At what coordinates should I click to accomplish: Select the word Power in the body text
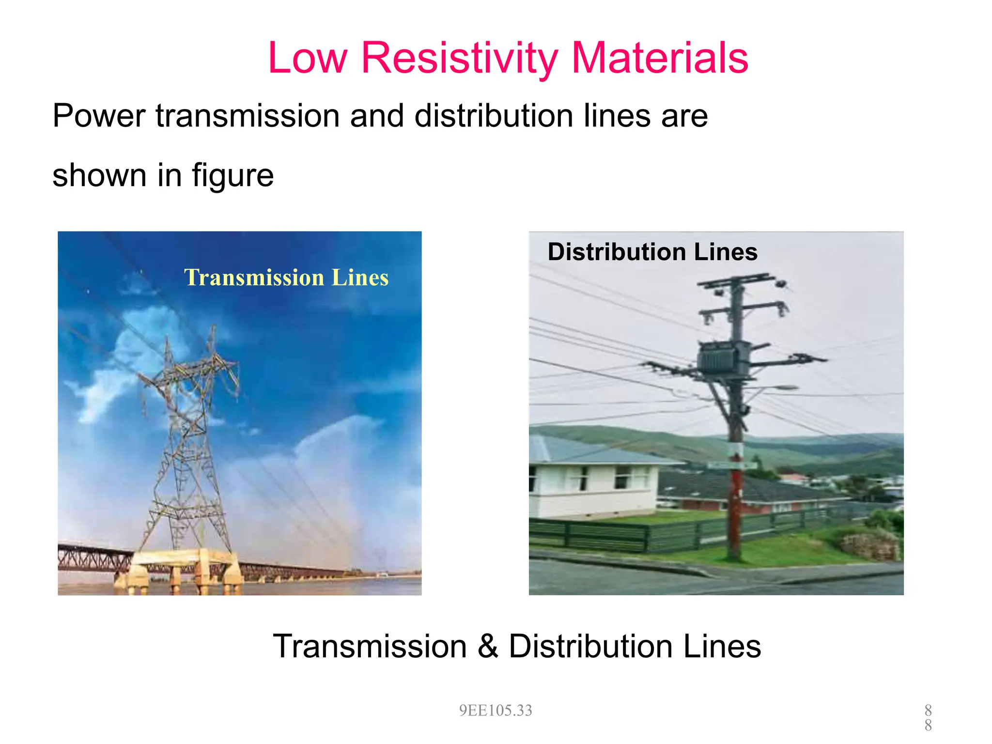point(99,116)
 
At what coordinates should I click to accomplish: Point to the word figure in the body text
point(232,175)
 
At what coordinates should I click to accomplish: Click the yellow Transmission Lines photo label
point(286,278)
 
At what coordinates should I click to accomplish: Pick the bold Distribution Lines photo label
point(652,252)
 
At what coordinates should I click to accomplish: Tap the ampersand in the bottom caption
point(488,646)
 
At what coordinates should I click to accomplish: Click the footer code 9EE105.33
point(496,711)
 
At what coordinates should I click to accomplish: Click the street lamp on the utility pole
point(782,388)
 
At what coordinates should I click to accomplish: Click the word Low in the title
point(308,58)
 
